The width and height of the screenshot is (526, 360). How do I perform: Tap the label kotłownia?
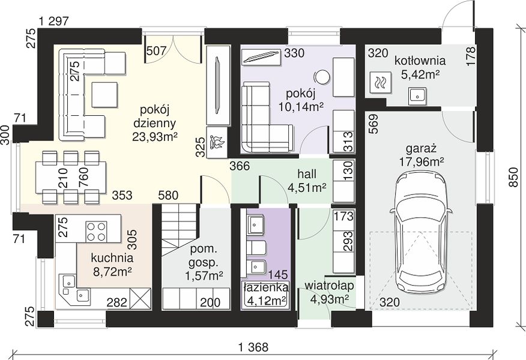[x=420, y=61]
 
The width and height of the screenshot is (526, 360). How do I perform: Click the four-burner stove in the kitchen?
[x=96, y=231]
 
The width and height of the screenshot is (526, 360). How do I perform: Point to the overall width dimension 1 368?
[x=253, y=347]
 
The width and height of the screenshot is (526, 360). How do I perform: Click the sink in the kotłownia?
[x=417, y=96]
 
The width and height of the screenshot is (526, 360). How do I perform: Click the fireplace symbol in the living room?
[x=217, y=142]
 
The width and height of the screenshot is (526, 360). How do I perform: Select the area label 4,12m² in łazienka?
[x=267, y=299]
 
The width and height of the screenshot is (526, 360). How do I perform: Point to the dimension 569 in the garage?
[x=375, y=124]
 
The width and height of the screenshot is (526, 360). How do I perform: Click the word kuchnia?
[x=112, y=258]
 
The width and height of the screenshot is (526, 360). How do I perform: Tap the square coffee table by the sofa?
[x=104, y=95]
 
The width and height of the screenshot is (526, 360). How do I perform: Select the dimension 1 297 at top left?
[x=53, y=22]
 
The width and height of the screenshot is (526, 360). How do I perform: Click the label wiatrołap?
[x=329, y=286]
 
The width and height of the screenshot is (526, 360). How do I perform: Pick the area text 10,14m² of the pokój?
[x=301, y=107]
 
